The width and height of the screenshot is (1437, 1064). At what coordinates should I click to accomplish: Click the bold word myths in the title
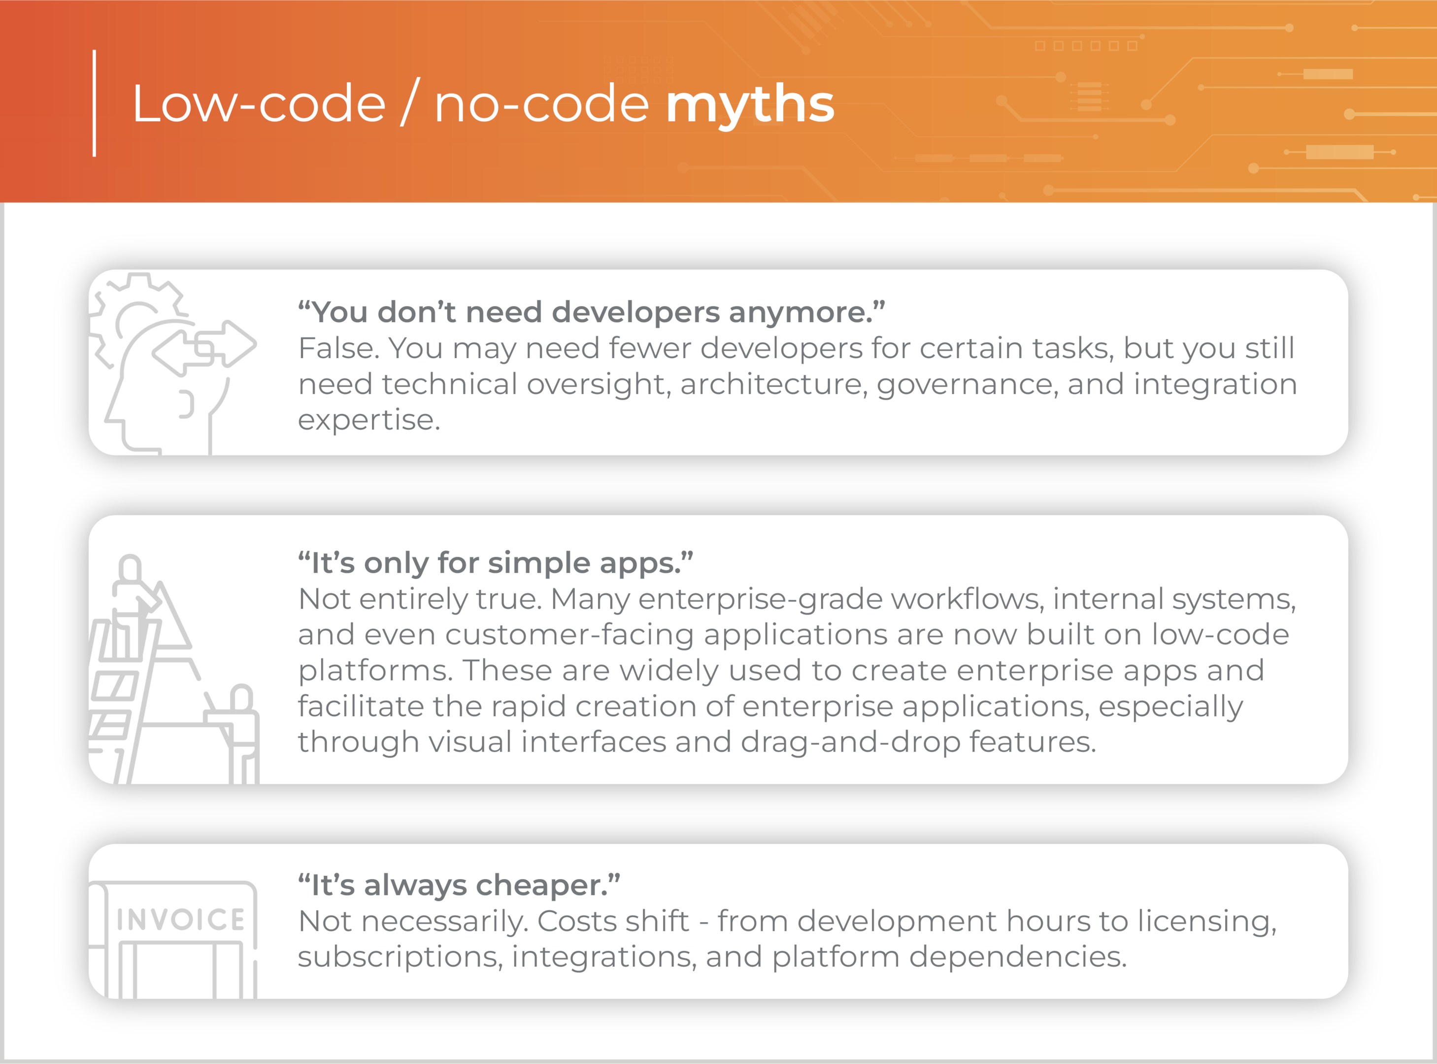[x=750, y=105]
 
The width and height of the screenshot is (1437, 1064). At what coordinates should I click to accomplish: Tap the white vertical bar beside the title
[x=95, y=103]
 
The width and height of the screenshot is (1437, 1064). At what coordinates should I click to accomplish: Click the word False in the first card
[x=339, y=348]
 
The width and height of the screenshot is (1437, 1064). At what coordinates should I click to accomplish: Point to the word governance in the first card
[x=968, y=385]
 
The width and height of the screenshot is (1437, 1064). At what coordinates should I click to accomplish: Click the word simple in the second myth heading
[x=539, y=564]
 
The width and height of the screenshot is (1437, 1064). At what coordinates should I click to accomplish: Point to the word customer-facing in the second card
[x=569, y=634]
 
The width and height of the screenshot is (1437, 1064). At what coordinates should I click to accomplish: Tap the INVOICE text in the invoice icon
[x=180, y=919]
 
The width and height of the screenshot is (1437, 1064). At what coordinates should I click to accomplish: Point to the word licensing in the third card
[x=1206, y=922]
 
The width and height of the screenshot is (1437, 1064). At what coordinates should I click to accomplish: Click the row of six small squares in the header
[x=1086, y=46]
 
